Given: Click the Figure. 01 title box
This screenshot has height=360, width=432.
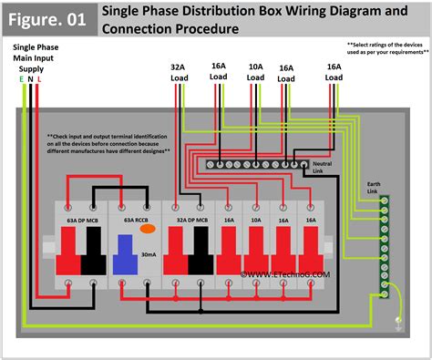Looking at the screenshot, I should coord(47,17).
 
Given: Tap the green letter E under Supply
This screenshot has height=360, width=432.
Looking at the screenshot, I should coord(20,79).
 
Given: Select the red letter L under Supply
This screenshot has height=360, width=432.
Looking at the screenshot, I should coord(38,79).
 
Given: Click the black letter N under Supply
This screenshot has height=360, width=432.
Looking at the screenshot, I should coord(29,79).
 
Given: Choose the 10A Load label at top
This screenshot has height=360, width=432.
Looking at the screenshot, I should coord(256,72).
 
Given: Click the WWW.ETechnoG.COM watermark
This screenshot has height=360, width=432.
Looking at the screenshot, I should coord(273,272).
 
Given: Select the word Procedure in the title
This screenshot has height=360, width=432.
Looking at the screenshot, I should coord(208,29).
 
